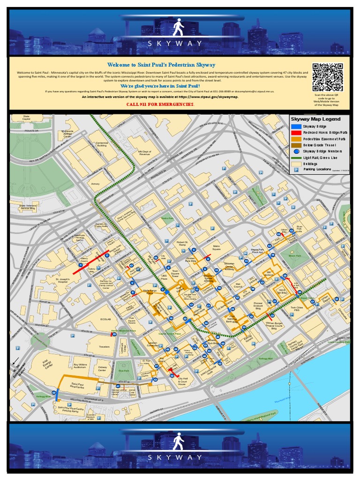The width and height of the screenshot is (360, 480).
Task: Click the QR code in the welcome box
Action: (328, 77)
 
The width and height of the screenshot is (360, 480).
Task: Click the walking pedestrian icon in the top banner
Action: (178, 28)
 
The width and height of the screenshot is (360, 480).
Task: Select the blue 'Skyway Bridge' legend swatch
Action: (296, 127)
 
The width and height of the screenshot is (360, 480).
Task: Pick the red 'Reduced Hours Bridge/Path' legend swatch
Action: (296, 133)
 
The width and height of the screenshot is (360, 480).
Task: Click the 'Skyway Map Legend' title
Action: (315, 119)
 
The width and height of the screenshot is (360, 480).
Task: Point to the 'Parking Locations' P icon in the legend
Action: (296, 170)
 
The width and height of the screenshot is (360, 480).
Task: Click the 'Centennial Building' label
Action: (102, 144)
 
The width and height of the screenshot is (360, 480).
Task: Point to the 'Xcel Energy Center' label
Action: (45, 365)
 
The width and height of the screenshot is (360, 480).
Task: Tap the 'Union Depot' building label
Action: (325, 298)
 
